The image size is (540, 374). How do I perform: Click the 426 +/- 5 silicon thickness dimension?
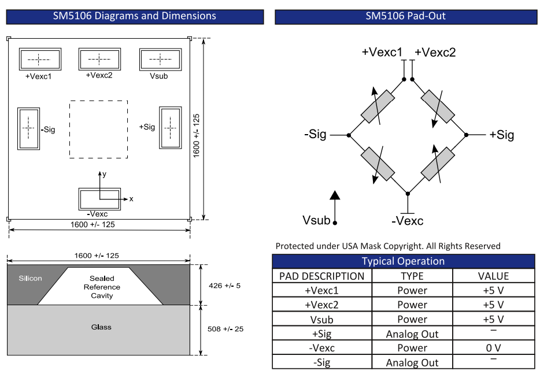click(x=224, y=286)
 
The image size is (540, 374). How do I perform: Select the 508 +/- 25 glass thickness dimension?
click(x=225, y=329)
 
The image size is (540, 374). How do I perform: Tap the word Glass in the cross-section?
click(x=101, y=327)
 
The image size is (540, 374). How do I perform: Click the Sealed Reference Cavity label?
click(x=102, y=287)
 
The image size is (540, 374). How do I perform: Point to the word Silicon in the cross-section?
click(x=30, y=278)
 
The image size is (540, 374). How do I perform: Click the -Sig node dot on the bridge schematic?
click(x=349, y=135)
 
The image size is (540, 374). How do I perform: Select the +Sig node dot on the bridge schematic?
click(x=467, y=135)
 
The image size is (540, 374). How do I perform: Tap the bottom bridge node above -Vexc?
click(x=408, y=194)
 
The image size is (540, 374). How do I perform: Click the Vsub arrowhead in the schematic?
click(x=335, y=195)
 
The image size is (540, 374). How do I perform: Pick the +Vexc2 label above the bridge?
click(x=435, y=53)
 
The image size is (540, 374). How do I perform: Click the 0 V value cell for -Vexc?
click(x=494, y=348)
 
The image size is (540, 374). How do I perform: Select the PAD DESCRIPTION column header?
click(x=321, y=276)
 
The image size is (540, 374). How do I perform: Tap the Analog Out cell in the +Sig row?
click(x=412, y=334)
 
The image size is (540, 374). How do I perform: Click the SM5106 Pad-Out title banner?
click(x=406, y=17)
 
